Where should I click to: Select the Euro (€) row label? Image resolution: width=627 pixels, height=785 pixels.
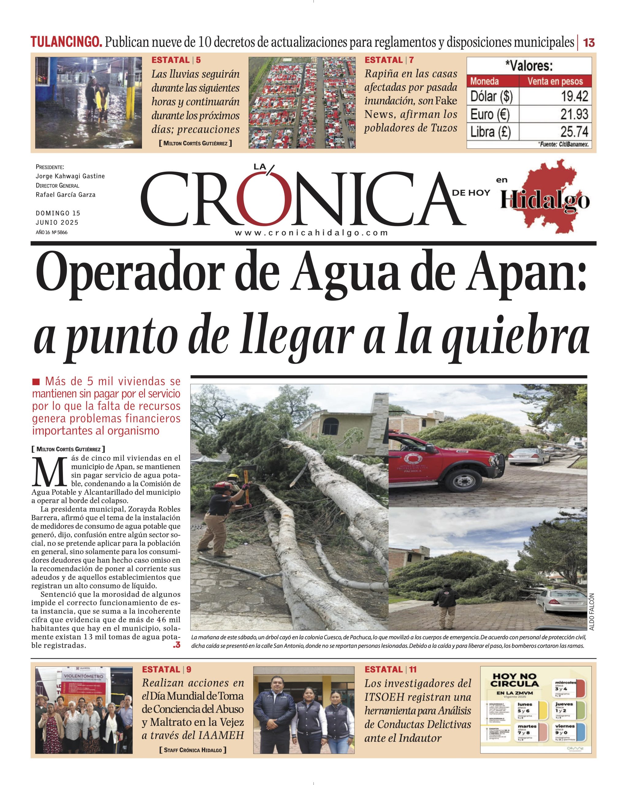click(490, 114)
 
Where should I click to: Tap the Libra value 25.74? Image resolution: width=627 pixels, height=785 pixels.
click(574, 132)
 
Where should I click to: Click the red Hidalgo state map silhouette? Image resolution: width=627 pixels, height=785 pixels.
click(546, 197)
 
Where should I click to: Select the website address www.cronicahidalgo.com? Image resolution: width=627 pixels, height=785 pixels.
click(311, 233)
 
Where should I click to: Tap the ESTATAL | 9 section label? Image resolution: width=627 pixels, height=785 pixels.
click(166, 669)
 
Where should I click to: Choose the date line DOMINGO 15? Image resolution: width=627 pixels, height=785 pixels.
click(58, 213)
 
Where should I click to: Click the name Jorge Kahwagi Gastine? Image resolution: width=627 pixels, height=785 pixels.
click(70, 176)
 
